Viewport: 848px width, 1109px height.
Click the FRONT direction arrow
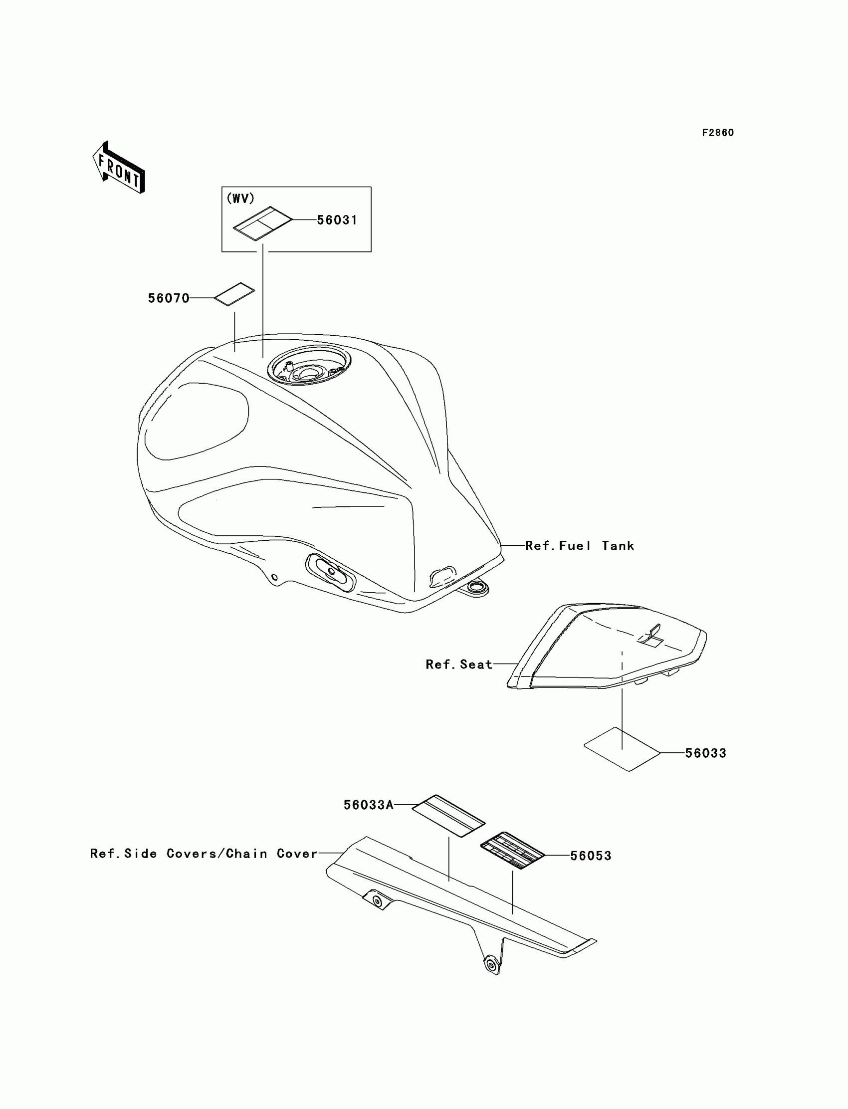click(x=119, y=168)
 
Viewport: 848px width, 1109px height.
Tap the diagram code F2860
click(x=718, y=133)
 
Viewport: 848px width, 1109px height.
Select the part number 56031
click(x=337, y=220)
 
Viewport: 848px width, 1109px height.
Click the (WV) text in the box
click(x=241, y=199)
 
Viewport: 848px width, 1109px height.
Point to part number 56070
click(x=169, y=298)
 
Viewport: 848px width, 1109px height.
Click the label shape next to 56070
click(x=235, y=294)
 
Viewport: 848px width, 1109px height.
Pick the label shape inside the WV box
click(x=262, y=222)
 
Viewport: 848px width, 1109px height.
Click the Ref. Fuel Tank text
click(x=580, y=546)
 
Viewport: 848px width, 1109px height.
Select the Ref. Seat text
click(x=459, y=665)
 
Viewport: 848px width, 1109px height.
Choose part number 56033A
click(x=369, y=805)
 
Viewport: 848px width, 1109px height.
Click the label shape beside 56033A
click(x=448, y=816)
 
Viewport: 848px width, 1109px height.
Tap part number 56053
click(x=591, y=856)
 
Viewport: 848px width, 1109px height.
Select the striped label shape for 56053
click(x=512, y=851)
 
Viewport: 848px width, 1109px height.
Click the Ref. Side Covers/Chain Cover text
click(x=204, y=854)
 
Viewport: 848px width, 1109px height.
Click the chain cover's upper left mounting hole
click(x=377, y=901)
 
